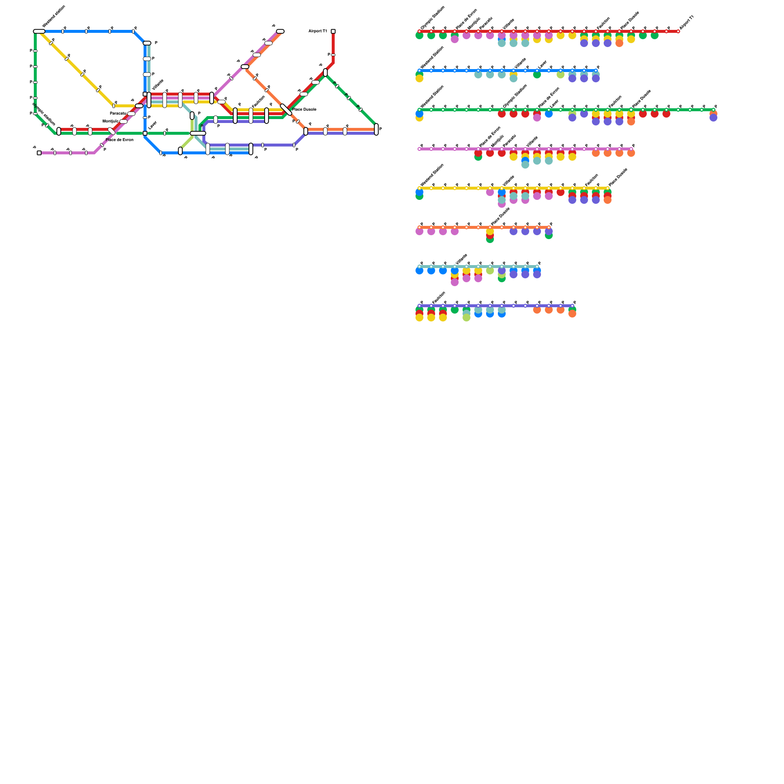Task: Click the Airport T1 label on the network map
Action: pyautogui.click(x=318, y=31)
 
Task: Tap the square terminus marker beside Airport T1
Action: pyautogui.click(x=333, y=31)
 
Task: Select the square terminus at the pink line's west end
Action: pyautogui.click(x=39, y=153)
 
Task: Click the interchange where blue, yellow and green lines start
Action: pyautogui.click(x=39, y=31)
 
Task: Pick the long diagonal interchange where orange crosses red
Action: pyautogui.click(x=286, y=110)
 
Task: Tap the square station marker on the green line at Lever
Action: pyautogui.click(x=145, y=133)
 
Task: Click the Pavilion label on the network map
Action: pyautogui.click(x=258, y=102)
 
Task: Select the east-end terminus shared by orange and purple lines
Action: pyautogui.click(x=376, y=129)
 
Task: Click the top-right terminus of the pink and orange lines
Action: pyautogui.click(x=280, y=31)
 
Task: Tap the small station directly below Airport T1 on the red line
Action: pyautogui.click(x=333, y=55)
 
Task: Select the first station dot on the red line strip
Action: pyautogui.click(x=419, y=31)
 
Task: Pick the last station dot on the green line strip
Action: pyautogui.click(x=713, y=110)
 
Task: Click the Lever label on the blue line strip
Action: pyautogui.click(x=542, y=65)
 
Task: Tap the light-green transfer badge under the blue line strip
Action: pyautogui.click(x=561, y=75)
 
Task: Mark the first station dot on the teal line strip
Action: pyautogui.click(x=419, y=267)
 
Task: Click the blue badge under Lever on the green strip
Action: pyautogui.click(x=549, y=114)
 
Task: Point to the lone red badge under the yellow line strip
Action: pyautogui.click(x=561, y=193)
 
